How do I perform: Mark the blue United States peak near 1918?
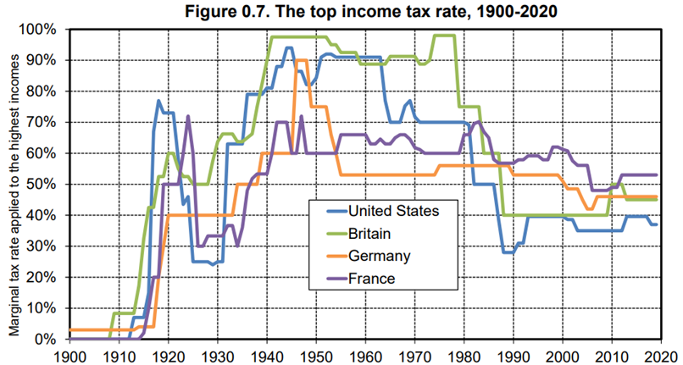(x=158, y=101)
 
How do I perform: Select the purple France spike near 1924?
(x=188, y=116)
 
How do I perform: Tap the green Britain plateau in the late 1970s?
(x=444, y=36)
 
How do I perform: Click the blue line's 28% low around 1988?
(x=507, y=252)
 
